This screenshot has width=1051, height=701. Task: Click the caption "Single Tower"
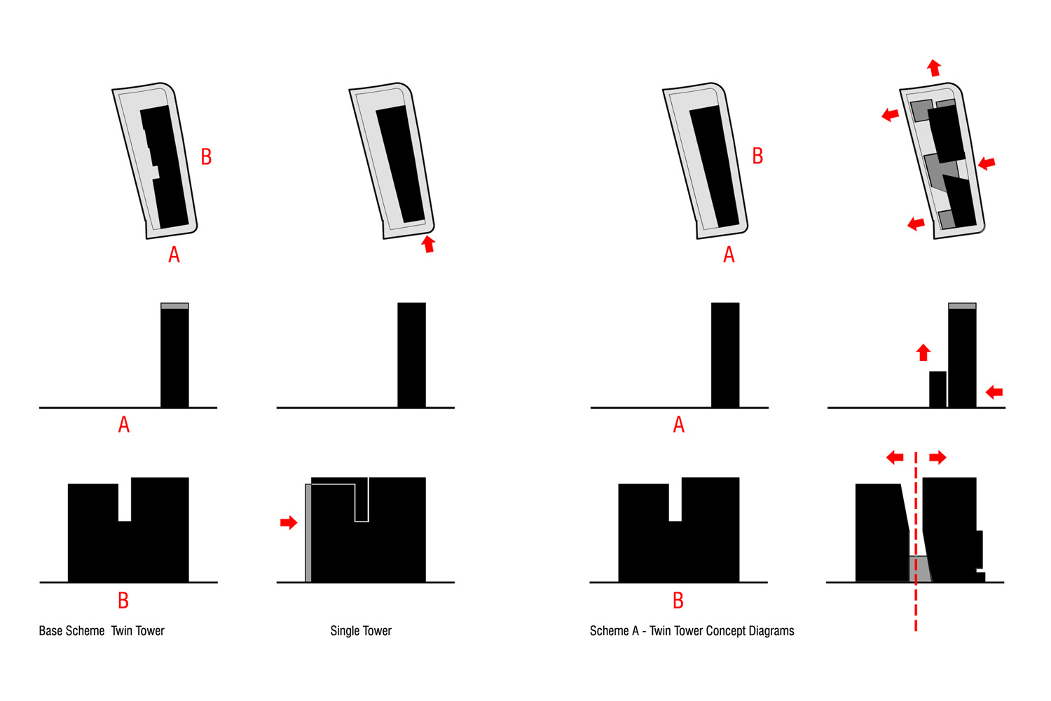coord(360,631)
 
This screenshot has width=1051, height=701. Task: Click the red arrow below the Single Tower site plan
coord(428,244)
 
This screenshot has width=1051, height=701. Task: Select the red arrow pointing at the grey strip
coord(289,522)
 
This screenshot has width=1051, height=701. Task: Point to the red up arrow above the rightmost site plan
coord(934,68)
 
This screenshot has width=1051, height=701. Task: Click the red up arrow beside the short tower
coord(923,353)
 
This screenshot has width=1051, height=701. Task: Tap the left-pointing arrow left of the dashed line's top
coord(895,457)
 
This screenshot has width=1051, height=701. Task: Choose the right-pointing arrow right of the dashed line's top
coord(937,457)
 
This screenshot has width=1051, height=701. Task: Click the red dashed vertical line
coord(915,542)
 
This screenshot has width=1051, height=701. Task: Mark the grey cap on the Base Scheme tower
coord(174,306)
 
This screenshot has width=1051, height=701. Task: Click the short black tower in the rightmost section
coord(937,389)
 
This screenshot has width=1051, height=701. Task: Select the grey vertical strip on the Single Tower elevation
coord(308,533)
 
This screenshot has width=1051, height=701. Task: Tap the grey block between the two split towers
coord(920,569)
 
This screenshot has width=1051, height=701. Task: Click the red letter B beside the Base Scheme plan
coord(206,157)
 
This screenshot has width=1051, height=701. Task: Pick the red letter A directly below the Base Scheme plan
coord(174,254)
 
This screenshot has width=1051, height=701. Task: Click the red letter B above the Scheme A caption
coord(678,600)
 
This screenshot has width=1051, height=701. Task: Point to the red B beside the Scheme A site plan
coord(757,156)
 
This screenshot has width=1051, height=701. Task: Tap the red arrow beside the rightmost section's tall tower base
coord(994,392)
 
